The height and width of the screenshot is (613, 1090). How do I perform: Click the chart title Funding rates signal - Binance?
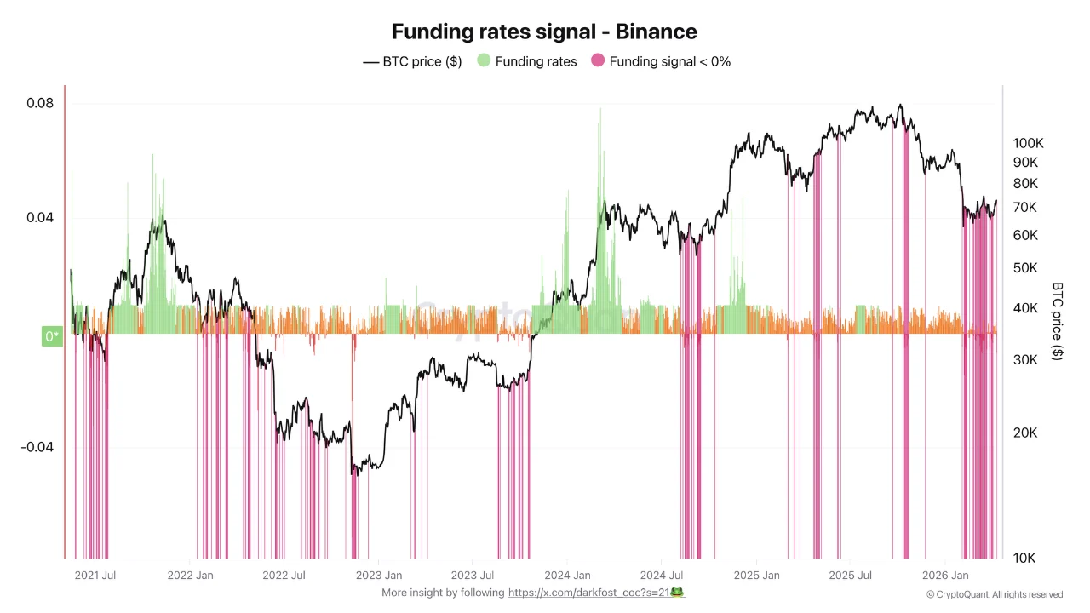544,32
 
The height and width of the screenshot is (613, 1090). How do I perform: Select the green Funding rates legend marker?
484,61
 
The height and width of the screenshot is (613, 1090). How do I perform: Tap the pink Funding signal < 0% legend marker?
598,61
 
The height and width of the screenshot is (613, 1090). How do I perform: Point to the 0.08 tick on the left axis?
40,104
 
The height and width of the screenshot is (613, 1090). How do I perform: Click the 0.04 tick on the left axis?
40,218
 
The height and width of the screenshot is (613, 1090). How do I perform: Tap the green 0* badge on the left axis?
52,336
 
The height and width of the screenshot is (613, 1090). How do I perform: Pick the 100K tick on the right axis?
1028,143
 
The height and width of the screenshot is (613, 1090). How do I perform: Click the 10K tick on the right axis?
1024,559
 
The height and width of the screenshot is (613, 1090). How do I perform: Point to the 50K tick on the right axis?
1025,268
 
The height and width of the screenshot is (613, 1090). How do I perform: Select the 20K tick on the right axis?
1025,433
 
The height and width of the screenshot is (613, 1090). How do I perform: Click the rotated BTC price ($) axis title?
1058,321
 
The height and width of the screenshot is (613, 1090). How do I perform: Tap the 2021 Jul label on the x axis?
95,576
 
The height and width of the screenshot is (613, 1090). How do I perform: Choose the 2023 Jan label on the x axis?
379,576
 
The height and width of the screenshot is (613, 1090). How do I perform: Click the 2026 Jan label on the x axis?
947,576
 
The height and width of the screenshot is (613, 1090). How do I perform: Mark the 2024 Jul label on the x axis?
663,576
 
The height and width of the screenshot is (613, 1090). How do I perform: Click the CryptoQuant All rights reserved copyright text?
995,594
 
